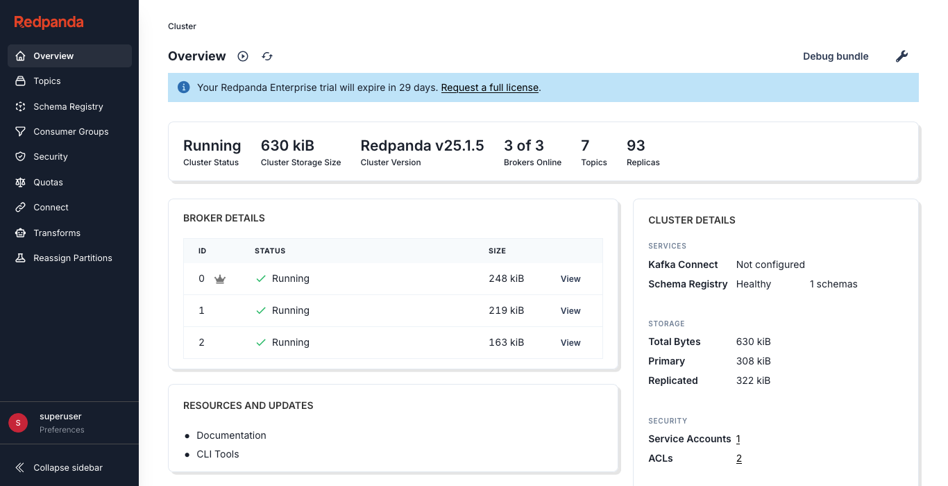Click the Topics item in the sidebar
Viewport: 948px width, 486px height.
click(47, 81)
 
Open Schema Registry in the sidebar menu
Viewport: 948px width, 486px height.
click(68, 106)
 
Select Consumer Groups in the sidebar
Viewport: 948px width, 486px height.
click(71, 132)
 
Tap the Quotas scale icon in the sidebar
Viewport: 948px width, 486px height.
click(20, 183)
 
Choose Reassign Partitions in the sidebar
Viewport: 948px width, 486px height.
click(72, 258)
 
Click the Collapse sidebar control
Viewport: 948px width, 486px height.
click(67, 467)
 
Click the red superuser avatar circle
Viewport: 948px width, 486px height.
click(18, 422)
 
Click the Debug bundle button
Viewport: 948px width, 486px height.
click(836, 56)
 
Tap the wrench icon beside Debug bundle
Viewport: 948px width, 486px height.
click(902, 56)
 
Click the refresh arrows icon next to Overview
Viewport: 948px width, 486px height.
click(267, 56)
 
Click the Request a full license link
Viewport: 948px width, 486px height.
click(489, 87)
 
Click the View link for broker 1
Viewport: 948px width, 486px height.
click(570, 311)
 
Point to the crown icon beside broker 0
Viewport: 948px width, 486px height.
click(220, 279)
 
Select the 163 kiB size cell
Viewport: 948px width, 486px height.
click(506, 342)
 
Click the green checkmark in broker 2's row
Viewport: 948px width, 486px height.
click(261, 342)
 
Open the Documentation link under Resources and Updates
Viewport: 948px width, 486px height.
click(231, 435)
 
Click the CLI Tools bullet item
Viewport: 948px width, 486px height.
click(217, 454)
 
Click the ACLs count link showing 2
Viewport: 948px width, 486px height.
click(739, 458)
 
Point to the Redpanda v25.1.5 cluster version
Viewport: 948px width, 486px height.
click(422, 146)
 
